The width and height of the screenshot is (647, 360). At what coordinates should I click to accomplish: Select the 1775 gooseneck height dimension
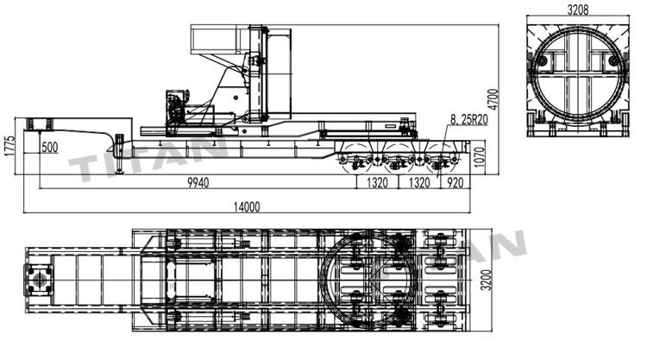(x=9, y=144)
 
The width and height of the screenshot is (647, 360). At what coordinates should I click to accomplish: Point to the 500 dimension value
(x=49, y=148)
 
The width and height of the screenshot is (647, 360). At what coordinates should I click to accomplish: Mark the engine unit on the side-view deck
(x=177, y=107)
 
